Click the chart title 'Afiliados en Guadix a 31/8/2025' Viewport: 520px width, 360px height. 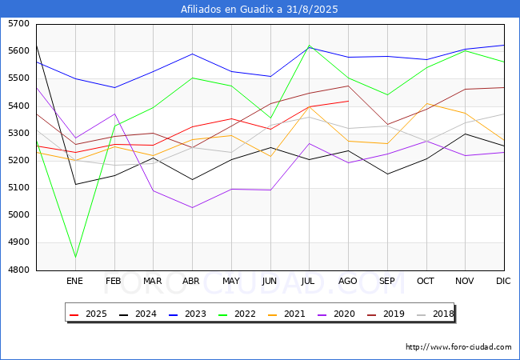tap(259, 9)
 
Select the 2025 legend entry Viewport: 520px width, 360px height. tap(88, 314)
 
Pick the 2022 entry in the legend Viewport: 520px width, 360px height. tap(237, 314)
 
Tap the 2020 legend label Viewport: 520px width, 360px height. tap(344, 314)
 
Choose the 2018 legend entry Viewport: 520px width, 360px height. tap(435, 314)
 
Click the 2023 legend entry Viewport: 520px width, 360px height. tap(187, 314)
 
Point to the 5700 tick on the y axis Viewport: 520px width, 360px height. tap(18, 24)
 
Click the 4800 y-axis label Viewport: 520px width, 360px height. tap(18, 270)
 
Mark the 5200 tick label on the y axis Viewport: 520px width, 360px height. tap(18, 161)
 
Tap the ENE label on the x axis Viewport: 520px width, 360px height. tap(74, 281)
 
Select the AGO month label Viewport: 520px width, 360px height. tap(347, 281)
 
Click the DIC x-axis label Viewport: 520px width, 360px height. tap(503, 281)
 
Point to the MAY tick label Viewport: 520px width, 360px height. tap(231, 281)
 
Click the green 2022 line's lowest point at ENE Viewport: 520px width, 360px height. tap(76, 257)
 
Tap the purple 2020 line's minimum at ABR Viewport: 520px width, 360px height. tap(192, 207)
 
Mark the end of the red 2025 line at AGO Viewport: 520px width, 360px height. tap(348, 101)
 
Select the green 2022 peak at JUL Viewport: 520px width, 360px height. tap(309, 45)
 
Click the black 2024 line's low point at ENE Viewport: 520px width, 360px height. tap(76, 184)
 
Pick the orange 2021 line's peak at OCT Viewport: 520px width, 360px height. tap(426, 103)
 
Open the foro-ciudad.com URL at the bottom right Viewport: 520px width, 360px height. tap(458, 347)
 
